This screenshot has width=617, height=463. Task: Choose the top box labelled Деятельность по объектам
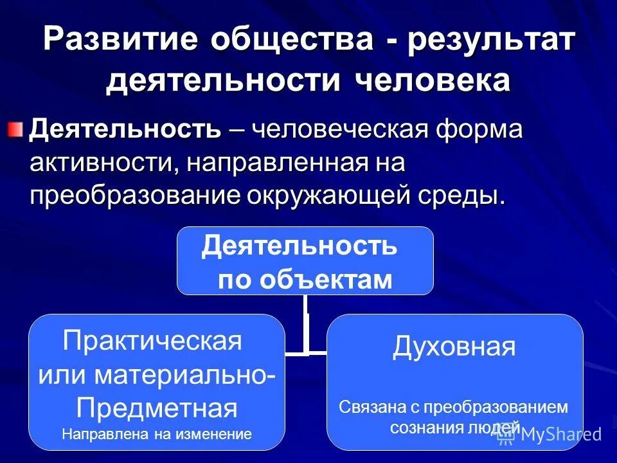point(305,260)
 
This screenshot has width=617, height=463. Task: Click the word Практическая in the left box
point(152,341)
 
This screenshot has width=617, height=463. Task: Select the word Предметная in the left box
point(157,407)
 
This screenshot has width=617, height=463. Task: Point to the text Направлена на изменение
point(157,434)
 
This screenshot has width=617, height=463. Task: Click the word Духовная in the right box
point(454,347)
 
